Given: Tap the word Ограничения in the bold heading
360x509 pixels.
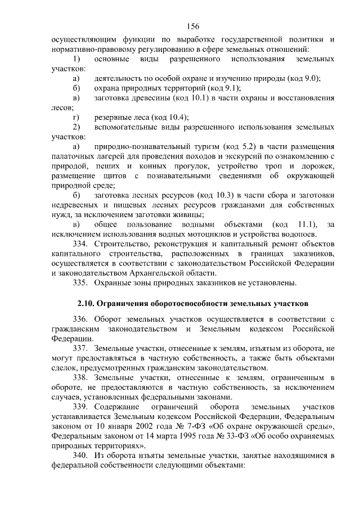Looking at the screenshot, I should (x=128, y=304).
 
